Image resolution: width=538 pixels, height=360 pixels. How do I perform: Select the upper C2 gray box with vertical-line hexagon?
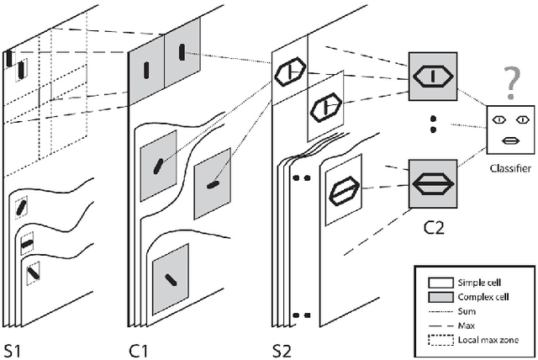(x=433, y=77)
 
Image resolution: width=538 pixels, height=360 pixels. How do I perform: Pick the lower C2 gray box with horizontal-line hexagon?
(x=433, y=183)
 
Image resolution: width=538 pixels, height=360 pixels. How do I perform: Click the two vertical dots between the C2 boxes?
(x=433, y=125)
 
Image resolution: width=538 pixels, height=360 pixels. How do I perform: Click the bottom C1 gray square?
(x=170, y=279)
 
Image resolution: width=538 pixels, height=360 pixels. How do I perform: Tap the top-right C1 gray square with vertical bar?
(x=182, y=52)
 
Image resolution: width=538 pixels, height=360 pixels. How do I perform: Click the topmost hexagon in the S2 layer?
(x=290, y=73)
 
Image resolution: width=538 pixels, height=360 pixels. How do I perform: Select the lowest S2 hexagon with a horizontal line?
(x=342, y=189)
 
